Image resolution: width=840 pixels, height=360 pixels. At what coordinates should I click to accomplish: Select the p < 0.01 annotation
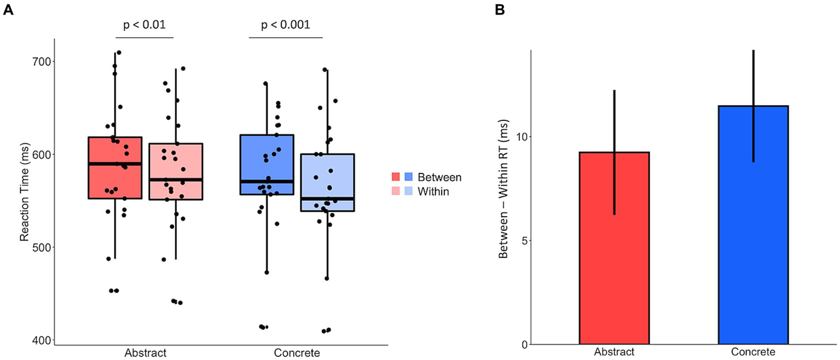point(143,25)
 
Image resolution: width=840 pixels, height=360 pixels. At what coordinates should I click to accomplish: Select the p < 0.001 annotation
point(286,25)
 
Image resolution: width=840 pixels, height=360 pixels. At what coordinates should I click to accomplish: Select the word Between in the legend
point(439,177)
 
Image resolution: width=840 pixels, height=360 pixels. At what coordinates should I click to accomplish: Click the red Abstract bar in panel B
point(614,248)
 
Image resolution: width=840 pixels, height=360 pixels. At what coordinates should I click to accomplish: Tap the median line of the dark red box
point(115,164)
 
